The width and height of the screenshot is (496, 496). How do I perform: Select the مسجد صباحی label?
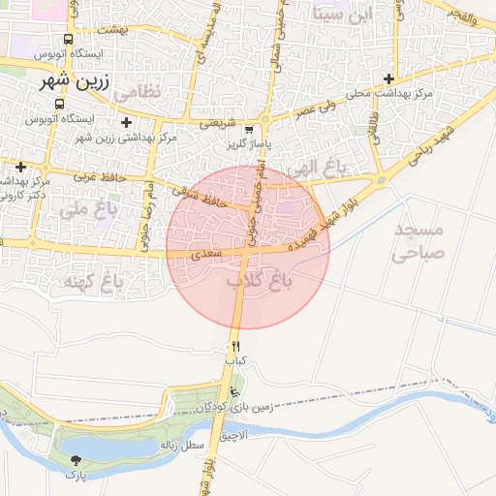pyautogui.click(x=418, y=242)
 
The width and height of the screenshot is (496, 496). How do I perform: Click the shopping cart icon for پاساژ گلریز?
pyautogui.click(x=250, y=129)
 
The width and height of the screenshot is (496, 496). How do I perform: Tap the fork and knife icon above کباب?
pyautogui.click(x=235, y=346)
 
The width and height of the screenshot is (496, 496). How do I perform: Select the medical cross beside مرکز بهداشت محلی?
pyautogui.click(x=389, y=78)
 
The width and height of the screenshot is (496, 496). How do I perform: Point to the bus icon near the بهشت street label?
pyautogui.click(x=67, y=40)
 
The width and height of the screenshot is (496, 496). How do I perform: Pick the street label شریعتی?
pyautogui.click(x=216, y=123)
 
